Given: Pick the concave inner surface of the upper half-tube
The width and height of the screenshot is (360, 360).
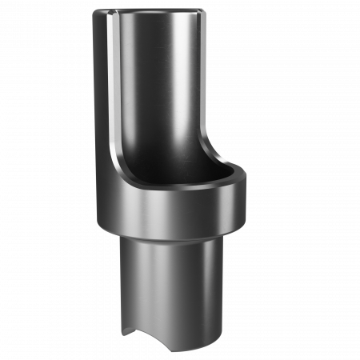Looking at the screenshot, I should coord(160,88).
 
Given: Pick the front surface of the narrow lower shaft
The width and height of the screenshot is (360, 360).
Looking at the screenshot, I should coord(172,288).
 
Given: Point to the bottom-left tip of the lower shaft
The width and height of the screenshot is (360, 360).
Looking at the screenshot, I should coord(121,333).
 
